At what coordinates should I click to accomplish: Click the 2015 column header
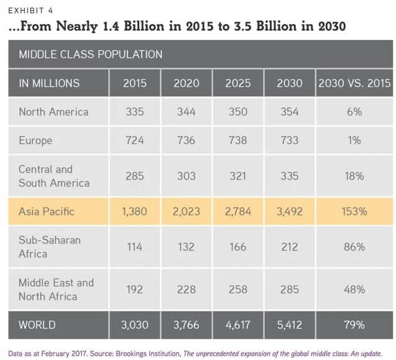click(x=134, y=83)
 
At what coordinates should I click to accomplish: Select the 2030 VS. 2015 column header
click(x=354, y=83)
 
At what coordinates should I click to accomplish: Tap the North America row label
click(x=53, y=112)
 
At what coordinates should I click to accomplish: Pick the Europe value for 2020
click(x=186, y=141)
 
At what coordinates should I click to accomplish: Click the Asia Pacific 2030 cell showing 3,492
click(x=288, y=211)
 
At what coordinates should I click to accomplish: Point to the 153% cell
click(x=354, y=211)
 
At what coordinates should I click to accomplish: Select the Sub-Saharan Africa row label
click(x=49, y=247)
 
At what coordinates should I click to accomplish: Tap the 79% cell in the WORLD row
click(x=354, y=325)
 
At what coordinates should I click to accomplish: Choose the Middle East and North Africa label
click(x=56, y=289)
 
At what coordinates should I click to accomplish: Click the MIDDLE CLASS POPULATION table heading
click(x=90, y=54)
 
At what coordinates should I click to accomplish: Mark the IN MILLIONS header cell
click(x=49, y=83)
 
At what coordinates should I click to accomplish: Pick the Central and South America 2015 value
click(x=134, y=176)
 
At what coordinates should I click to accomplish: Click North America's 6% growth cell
click(x=354, y=112)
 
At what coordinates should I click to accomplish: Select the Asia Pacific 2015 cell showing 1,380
click(x=134, y=211)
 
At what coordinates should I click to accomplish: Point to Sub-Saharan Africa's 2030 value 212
click(x=288, y=247)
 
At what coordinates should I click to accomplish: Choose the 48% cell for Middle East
click(x=354, y=289)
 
